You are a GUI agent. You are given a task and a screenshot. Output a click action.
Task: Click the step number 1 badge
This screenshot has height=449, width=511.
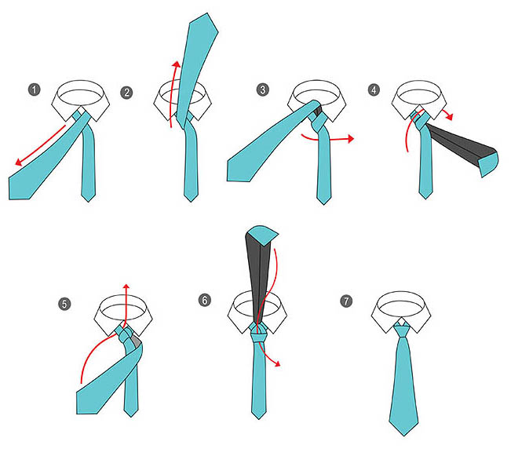point(35,89)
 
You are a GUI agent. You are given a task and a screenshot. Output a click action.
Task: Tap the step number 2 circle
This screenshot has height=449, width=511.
point(127,93)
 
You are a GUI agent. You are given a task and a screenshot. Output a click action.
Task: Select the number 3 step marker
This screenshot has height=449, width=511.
point(263,89)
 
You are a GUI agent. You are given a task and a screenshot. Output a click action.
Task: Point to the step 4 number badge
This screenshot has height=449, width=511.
point(374,89)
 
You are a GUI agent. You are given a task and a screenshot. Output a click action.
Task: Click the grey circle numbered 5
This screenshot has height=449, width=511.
point(64,304)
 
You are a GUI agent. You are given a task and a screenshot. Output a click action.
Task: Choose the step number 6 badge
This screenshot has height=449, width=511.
point(205,300)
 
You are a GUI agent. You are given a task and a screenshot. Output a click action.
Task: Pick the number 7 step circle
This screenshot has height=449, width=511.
point(346,301)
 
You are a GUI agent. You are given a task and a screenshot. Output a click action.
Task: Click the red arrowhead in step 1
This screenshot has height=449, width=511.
point(19,162)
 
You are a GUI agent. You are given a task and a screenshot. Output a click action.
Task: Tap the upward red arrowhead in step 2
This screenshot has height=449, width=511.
point(176,64)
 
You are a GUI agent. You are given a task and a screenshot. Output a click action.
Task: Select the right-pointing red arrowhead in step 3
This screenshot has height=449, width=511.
point(350,138)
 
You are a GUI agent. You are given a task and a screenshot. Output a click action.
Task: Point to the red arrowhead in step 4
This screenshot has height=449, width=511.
point(450,116)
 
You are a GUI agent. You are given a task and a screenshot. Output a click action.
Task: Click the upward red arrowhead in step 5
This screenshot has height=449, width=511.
point(126,287)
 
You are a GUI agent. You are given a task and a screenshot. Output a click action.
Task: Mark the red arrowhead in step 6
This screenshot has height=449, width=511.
point(277,363)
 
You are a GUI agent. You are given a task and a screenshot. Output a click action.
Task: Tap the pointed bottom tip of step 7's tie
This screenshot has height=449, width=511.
point(404,435)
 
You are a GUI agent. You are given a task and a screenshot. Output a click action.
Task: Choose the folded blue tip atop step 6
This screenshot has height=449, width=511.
point(262,234)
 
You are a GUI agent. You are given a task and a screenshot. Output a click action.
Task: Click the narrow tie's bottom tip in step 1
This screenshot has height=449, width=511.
point(88,201)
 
